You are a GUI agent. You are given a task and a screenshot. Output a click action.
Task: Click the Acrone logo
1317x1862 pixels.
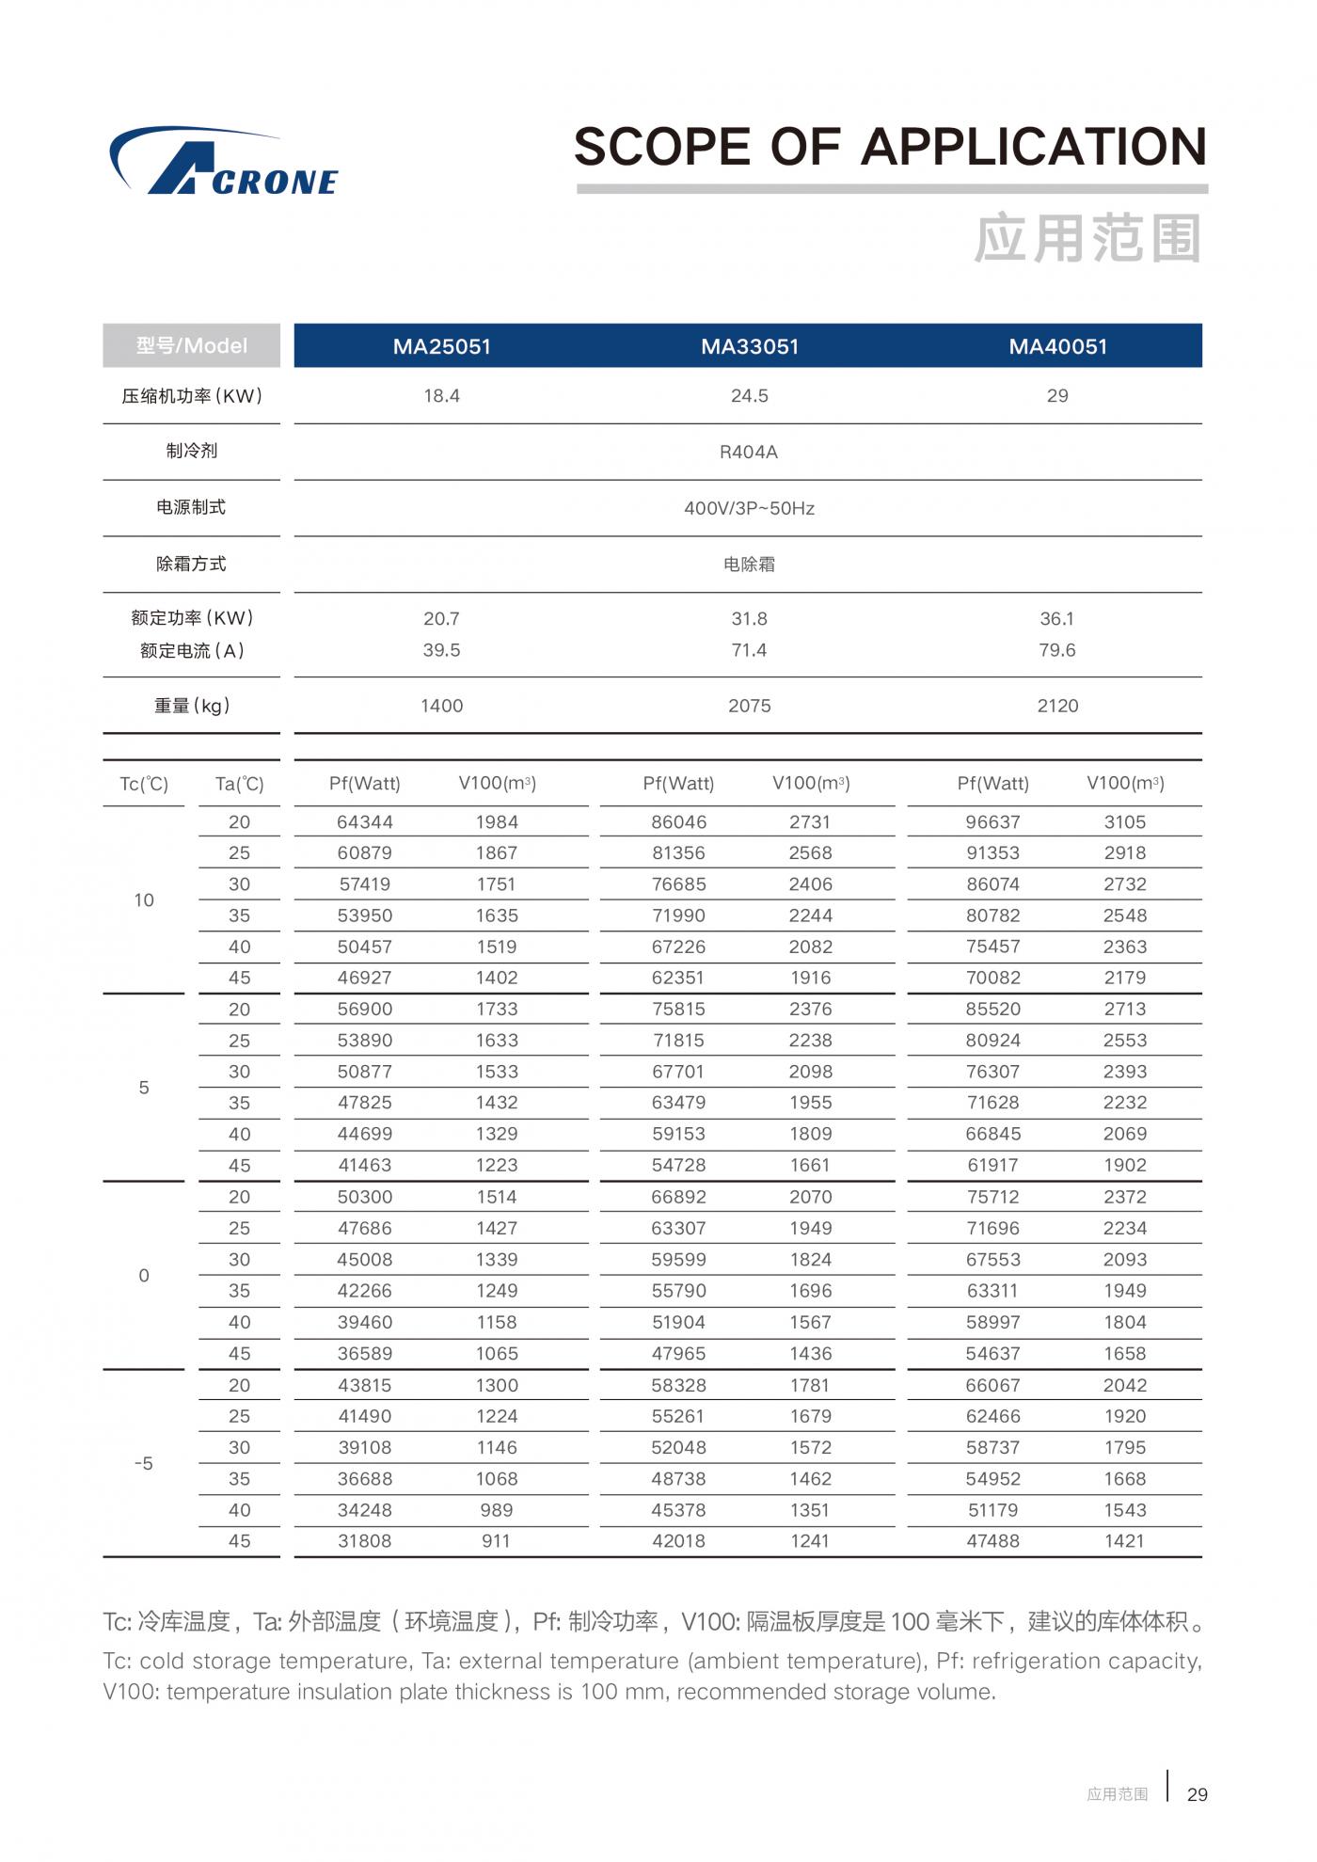224,162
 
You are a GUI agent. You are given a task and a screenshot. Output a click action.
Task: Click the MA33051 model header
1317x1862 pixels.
749,346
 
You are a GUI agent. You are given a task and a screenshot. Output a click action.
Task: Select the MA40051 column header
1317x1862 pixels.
1057,346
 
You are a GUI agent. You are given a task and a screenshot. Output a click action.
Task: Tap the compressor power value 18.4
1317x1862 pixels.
441,396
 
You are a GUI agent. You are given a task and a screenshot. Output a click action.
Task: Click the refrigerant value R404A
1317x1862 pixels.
749,453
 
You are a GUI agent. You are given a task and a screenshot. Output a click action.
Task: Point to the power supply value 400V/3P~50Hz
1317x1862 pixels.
749,509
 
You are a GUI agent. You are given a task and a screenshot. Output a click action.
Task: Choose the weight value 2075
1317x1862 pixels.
749,706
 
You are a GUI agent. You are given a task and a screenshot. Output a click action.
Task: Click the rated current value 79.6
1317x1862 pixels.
1056,650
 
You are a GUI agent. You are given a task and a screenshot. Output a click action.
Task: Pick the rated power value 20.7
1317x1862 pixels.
441,619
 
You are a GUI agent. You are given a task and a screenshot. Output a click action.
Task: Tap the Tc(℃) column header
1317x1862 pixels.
144,784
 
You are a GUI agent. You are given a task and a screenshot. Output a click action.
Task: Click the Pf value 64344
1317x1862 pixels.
365,822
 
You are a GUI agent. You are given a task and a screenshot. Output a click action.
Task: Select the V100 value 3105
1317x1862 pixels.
1125,822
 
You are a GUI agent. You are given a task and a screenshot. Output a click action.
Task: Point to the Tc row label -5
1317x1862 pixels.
144,1463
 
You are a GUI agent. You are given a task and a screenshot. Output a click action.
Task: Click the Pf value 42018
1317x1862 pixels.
678,1541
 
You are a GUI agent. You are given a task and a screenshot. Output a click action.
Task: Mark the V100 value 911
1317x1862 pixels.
496,1541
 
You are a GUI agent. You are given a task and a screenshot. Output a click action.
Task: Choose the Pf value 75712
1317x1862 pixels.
993,1197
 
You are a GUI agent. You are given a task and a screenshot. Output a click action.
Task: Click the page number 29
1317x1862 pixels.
1197,1794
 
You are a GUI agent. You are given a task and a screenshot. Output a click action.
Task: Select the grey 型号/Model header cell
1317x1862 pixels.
191,345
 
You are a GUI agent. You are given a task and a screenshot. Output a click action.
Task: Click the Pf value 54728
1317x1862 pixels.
678,1165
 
